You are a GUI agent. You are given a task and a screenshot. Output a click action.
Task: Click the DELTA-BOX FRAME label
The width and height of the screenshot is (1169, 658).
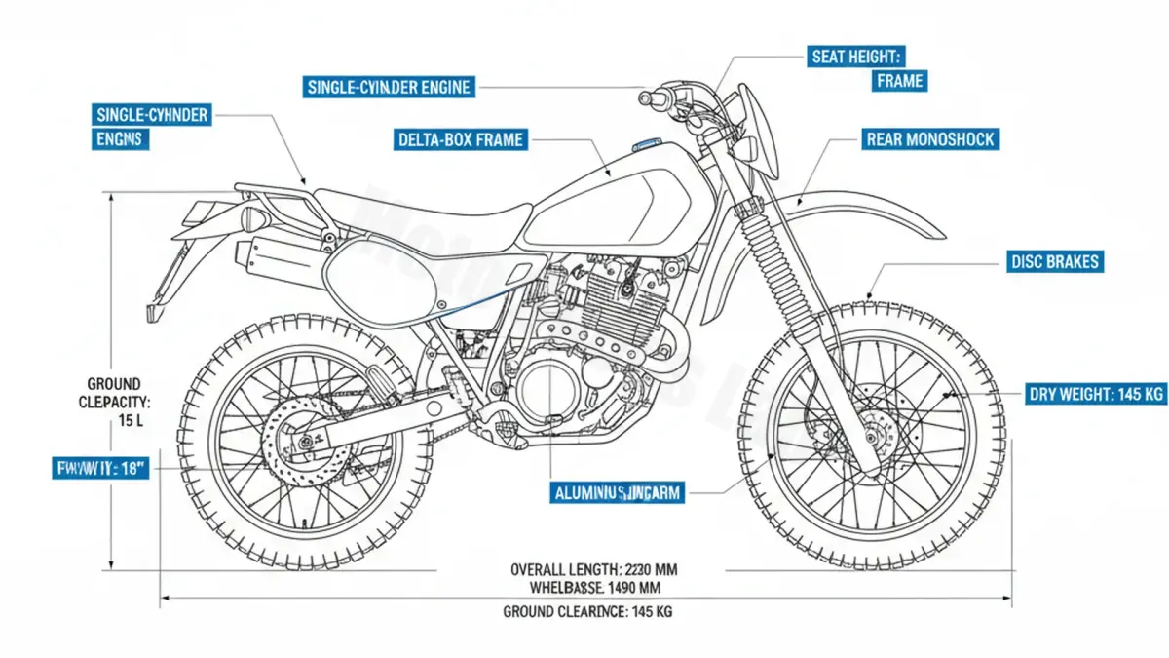point(461,139)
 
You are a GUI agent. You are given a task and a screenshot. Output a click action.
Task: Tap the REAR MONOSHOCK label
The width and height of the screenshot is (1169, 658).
point(929,139)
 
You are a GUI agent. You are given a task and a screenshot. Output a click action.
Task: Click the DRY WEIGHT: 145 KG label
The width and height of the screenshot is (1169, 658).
point(1096,395)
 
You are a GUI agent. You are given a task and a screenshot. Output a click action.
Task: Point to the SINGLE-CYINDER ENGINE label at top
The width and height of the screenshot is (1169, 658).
point(389,87)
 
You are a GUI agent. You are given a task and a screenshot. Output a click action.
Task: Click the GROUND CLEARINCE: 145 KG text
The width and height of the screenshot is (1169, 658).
point(586,612)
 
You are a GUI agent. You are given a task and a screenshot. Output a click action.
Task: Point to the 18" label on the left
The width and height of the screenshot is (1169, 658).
point(99,469)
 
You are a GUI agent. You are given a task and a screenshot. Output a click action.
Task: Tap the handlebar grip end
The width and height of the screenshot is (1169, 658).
point(645,97)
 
